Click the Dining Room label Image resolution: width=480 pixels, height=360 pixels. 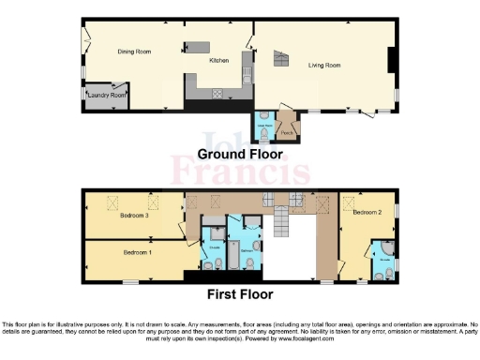point(134,52)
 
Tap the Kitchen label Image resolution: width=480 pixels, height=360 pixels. point(218,61)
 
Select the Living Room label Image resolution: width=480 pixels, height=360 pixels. point(325,66)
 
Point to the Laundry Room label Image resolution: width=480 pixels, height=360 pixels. point(105,95)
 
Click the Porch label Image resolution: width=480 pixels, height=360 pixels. point(288,133)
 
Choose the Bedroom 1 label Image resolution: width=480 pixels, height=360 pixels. point(138,252)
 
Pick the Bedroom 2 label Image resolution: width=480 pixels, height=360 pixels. point(368,213)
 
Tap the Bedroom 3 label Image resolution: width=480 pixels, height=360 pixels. point(135,216)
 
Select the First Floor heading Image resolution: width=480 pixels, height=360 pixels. point(240,293)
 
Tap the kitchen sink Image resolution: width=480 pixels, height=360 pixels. point(247,67)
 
